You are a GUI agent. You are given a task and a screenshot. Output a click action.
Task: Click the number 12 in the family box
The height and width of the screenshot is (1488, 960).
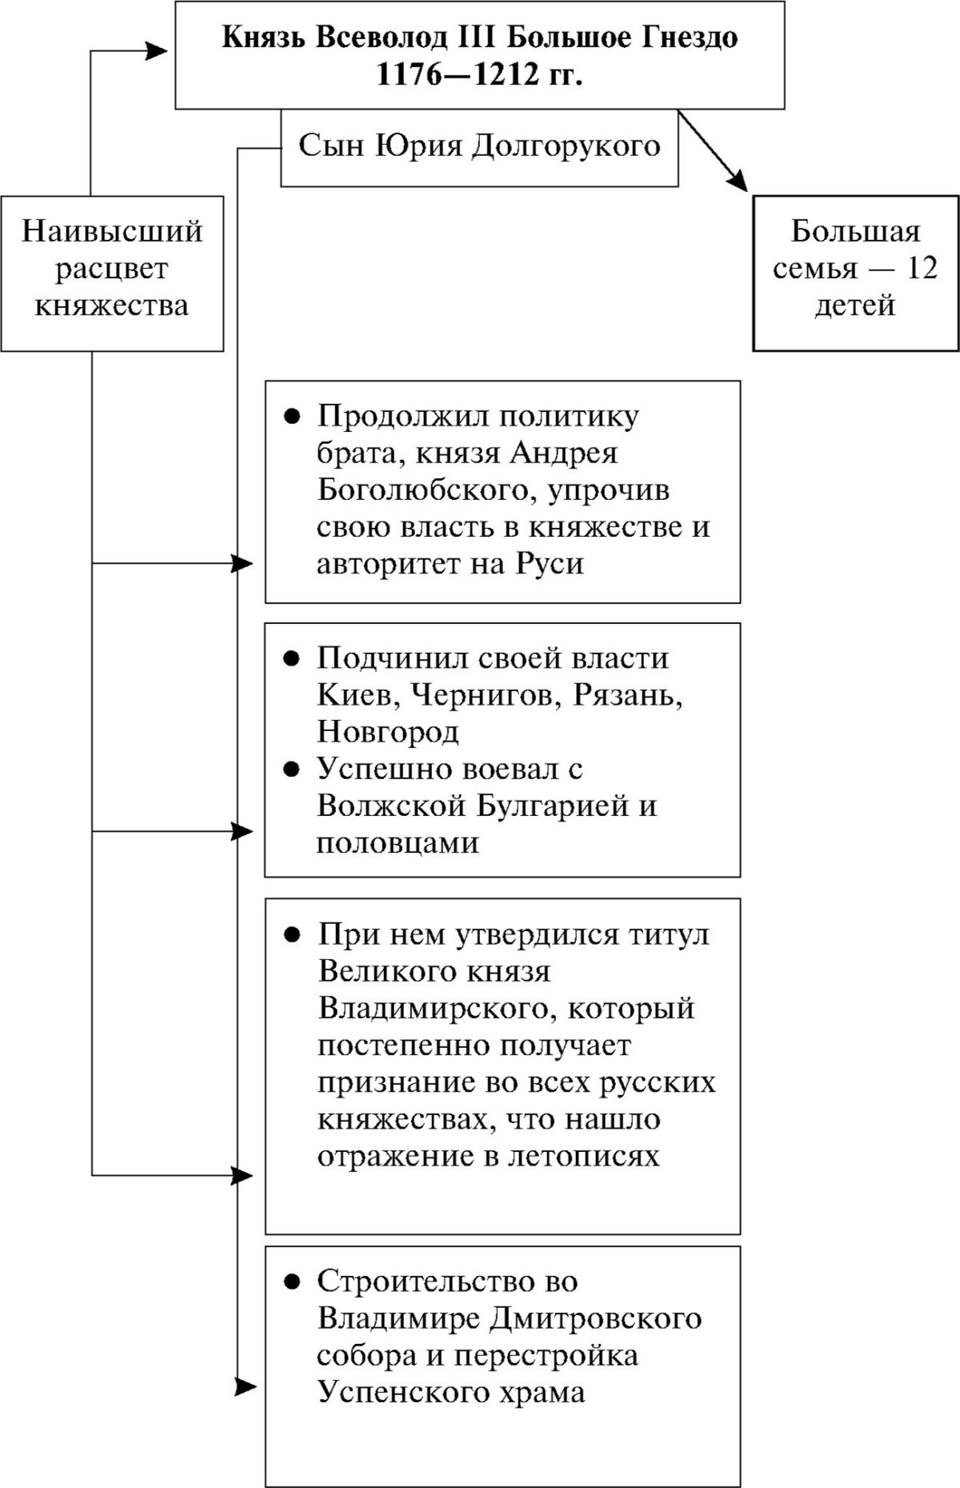pyautogui.click(x=921, y=268)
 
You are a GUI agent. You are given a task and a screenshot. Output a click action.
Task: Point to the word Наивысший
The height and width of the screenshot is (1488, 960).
pyautogui.click(x=112, y=232)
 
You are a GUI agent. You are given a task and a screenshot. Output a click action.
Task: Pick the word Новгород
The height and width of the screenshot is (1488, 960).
pyautogui.click(x=388, y=732)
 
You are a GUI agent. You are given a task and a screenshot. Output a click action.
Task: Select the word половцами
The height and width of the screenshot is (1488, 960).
pyautogui.click(x=398, y=842)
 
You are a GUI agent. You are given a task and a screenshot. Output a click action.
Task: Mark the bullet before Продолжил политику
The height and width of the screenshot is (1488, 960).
pyautogui.click(x=293, y=417)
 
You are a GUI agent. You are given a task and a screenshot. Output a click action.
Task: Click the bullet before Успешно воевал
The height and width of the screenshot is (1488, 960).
pyautogui.click(x=293, y=769)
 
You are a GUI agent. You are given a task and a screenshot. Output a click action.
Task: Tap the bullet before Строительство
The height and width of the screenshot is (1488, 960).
pyautogui.click(x=293, y=1281)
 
